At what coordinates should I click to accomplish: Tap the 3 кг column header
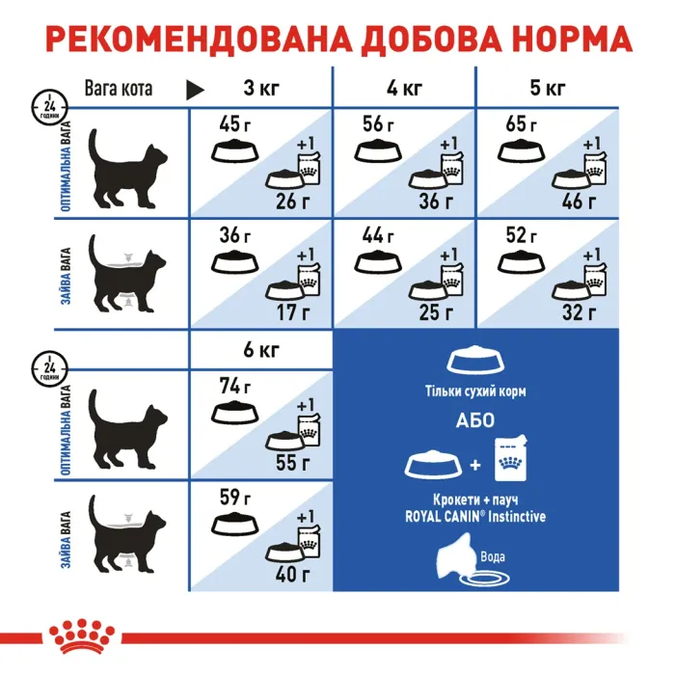[260, 90]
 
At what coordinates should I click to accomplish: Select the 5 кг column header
[548, 90]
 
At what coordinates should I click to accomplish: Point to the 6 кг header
[260, 350]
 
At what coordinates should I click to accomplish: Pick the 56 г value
[378, 123]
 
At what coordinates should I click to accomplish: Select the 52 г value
[522, 235]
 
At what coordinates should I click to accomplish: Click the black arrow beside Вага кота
[196, 90]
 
